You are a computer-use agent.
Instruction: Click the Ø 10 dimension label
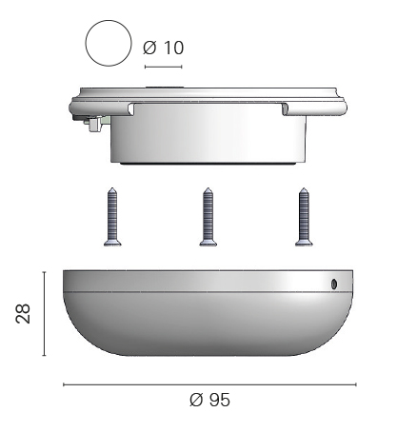[164, 48]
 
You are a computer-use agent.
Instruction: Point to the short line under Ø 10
[163, 67]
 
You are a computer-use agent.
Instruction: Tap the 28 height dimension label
[23, 313]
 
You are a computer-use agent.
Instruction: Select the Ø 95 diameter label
[209, 400]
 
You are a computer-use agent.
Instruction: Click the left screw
[112, 217]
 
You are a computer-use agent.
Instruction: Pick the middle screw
[208, 217]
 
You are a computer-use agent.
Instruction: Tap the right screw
[304, 217]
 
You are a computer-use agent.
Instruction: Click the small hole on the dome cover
[334, 284]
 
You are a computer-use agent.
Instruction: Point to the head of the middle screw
[208, 243]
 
